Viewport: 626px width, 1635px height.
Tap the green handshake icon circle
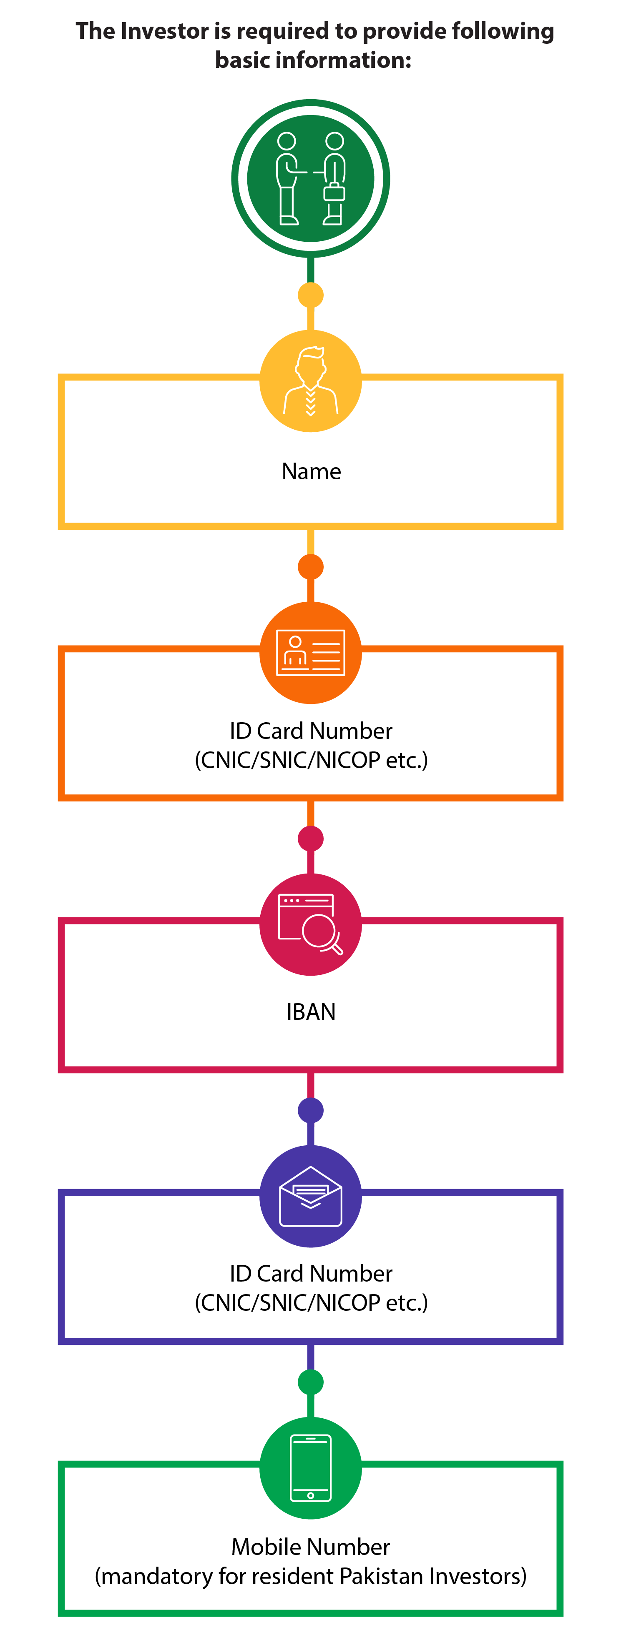[x=310, y=178]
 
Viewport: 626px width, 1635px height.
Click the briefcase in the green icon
[x=334, y=192]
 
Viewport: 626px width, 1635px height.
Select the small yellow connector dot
[x=310, y=295]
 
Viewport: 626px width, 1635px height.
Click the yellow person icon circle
[x=310, y=381]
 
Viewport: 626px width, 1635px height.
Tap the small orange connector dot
[x=310, y=567]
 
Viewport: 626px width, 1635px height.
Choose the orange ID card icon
[x=310, y=653]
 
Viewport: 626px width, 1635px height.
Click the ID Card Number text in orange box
[x=311, y=731]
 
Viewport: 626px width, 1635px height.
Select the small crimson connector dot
[x=310, y=839]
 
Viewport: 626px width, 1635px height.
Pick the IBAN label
[x=311, y=1012]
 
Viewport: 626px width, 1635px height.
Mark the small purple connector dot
[x=310, y=1110]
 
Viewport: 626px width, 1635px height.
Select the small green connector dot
[x=310, y=1382]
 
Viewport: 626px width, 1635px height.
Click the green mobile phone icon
[x=310, y=1468]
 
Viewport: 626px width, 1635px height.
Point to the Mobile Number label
[x=310, y=1547]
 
